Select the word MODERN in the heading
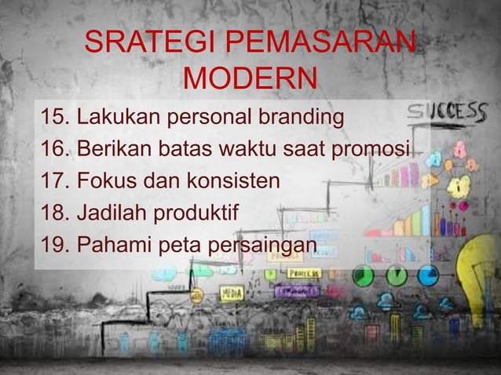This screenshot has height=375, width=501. pyautogui.click(x=250, y=79)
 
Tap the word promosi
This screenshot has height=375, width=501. pyautogui.click(x=381, y=151)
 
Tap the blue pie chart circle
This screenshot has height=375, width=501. pyautogui.click(x=428, y=275)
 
